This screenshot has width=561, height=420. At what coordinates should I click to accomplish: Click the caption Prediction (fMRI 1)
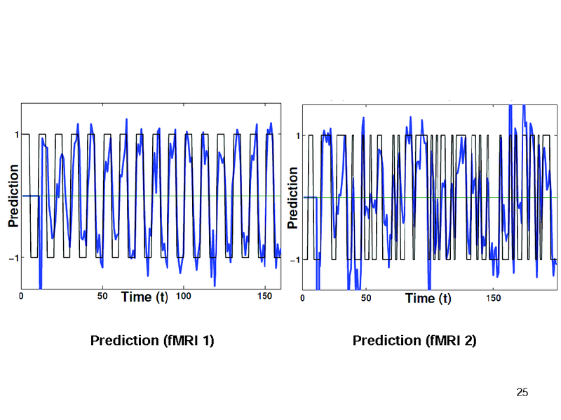[x=152, y=341]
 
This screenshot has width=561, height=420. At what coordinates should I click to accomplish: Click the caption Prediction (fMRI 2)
[x=414, y=341]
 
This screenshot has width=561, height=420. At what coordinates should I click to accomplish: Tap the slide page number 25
[x=522, y=391]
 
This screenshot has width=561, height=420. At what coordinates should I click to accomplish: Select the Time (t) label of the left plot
[x=144, y=297]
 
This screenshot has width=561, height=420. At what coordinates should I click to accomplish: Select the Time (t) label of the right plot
[x=428, y=298]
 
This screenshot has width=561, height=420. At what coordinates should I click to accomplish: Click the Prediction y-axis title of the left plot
[x=13, y=196]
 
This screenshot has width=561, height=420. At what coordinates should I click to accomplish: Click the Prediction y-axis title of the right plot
[x=294, y=198]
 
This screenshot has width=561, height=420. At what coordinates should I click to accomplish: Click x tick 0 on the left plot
[x=21, y=297]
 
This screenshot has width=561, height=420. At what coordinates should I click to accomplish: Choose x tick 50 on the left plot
[x=102, y=297]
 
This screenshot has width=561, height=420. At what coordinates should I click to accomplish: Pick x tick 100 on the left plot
[x=184, y=297]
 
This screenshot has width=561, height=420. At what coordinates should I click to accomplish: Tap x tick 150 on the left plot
[x=265, y=297]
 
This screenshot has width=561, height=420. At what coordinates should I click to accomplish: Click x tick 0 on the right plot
[x=302, y=298]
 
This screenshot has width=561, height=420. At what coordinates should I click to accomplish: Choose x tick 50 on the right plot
[x=366, y=298]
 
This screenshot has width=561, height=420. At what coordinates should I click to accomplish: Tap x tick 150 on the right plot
[x=494, y=298]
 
